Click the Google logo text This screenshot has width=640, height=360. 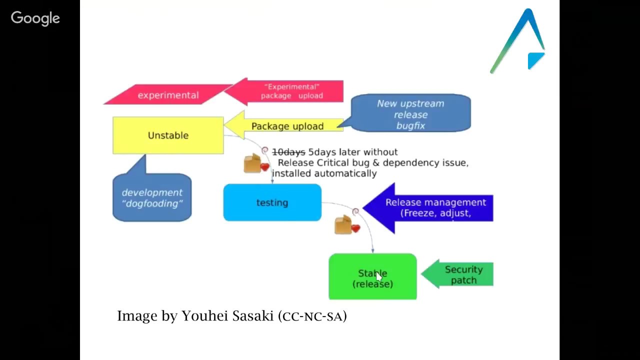point(35,18)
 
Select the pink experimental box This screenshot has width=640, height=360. point(168,95)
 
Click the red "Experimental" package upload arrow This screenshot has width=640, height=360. point(290,91)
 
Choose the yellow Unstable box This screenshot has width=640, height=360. point(168,135)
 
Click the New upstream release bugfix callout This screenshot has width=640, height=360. point(410,114)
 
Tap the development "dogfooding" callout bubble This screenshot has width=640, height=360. point(152,198)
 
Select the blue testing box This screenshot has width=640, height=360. point(272,202)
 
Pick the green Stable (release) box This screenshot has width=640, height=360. point(372,277)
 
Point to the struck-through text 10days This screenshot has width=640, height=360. point(288,152)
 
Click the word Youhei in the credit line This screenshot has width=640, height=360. point(199,316)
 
